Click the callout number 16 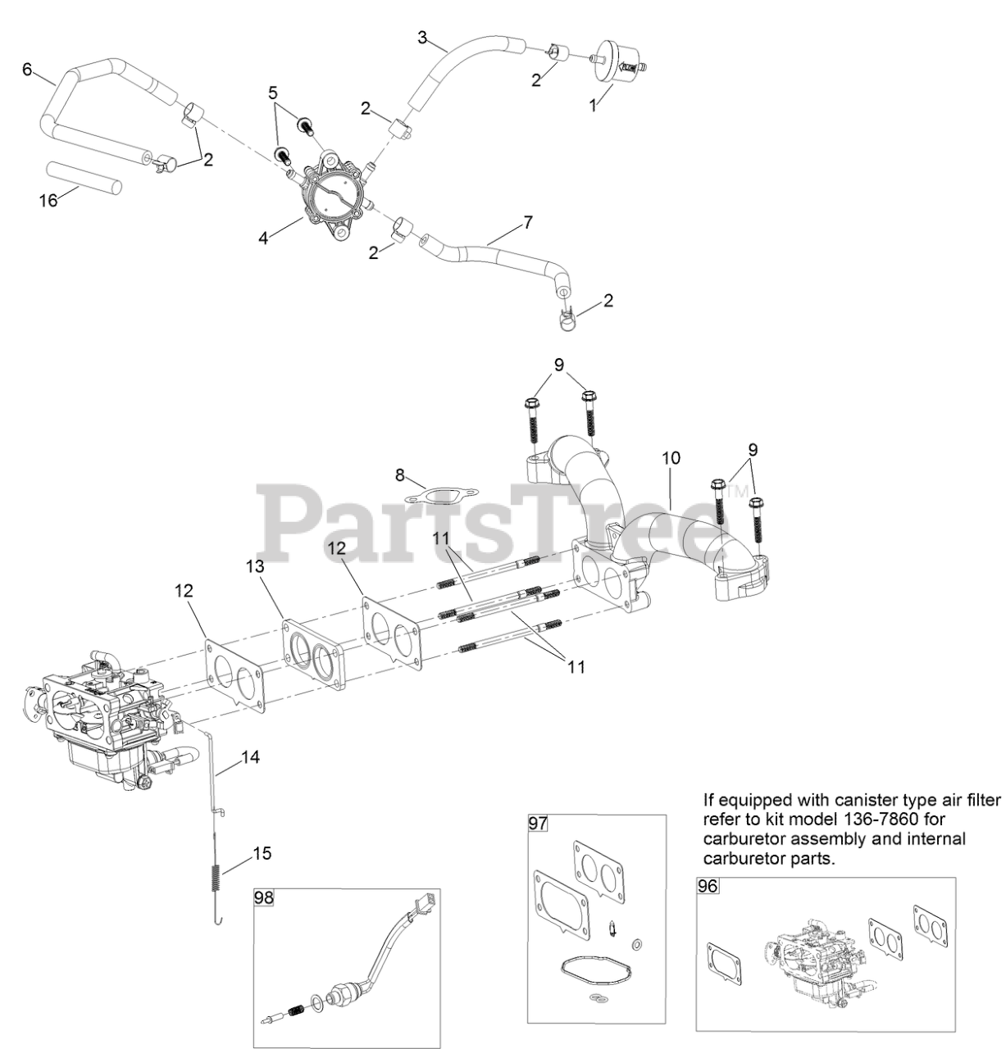[x=50, y=199]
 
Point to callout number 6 [x=27, y=70]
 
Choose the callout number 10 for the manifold [x=671, y=458]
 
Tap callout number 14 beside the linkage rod [x=250, y=757]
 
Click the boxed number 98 [x=264, y=897]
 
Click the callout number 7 [x=528, y=222]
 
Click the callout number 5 [x=273, y=93]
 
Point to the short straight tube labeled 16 [x=84, y=175]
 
